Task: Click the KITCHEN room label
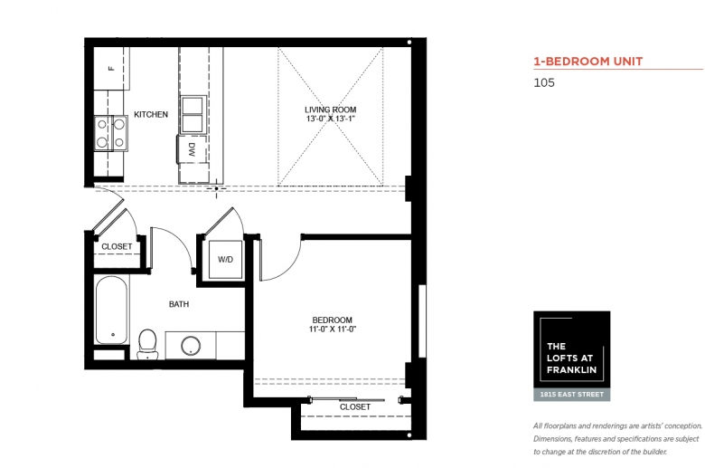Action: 151,114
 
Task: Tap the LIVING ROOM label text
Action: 331,110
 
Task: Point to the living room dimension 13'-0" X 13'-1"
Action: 331,119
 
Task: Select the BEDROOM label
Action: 333,320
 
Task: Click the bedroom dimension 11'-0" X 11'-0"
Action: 333,330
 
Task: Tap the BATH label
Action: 179,304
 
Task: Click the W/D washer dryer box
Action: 226,260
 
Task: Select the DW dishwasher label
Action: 193,149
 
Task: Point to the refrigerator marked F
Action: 111,69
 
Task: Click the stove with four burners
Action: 111,133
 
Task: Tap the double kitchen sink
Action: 193,114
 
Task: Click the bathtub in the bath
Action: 112,310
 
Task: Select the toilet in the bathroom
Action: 147,344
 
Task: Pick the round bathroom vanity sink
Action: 191,346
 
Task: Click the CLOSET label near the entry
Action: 117,247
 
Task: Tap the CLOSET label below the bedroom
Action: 355,407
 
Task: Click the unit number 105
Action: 544,83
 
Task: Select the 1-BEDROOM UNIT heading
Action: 588,62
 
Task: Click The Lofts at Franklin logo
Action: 572,349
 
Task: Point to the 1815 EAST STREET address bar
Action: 572,395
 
